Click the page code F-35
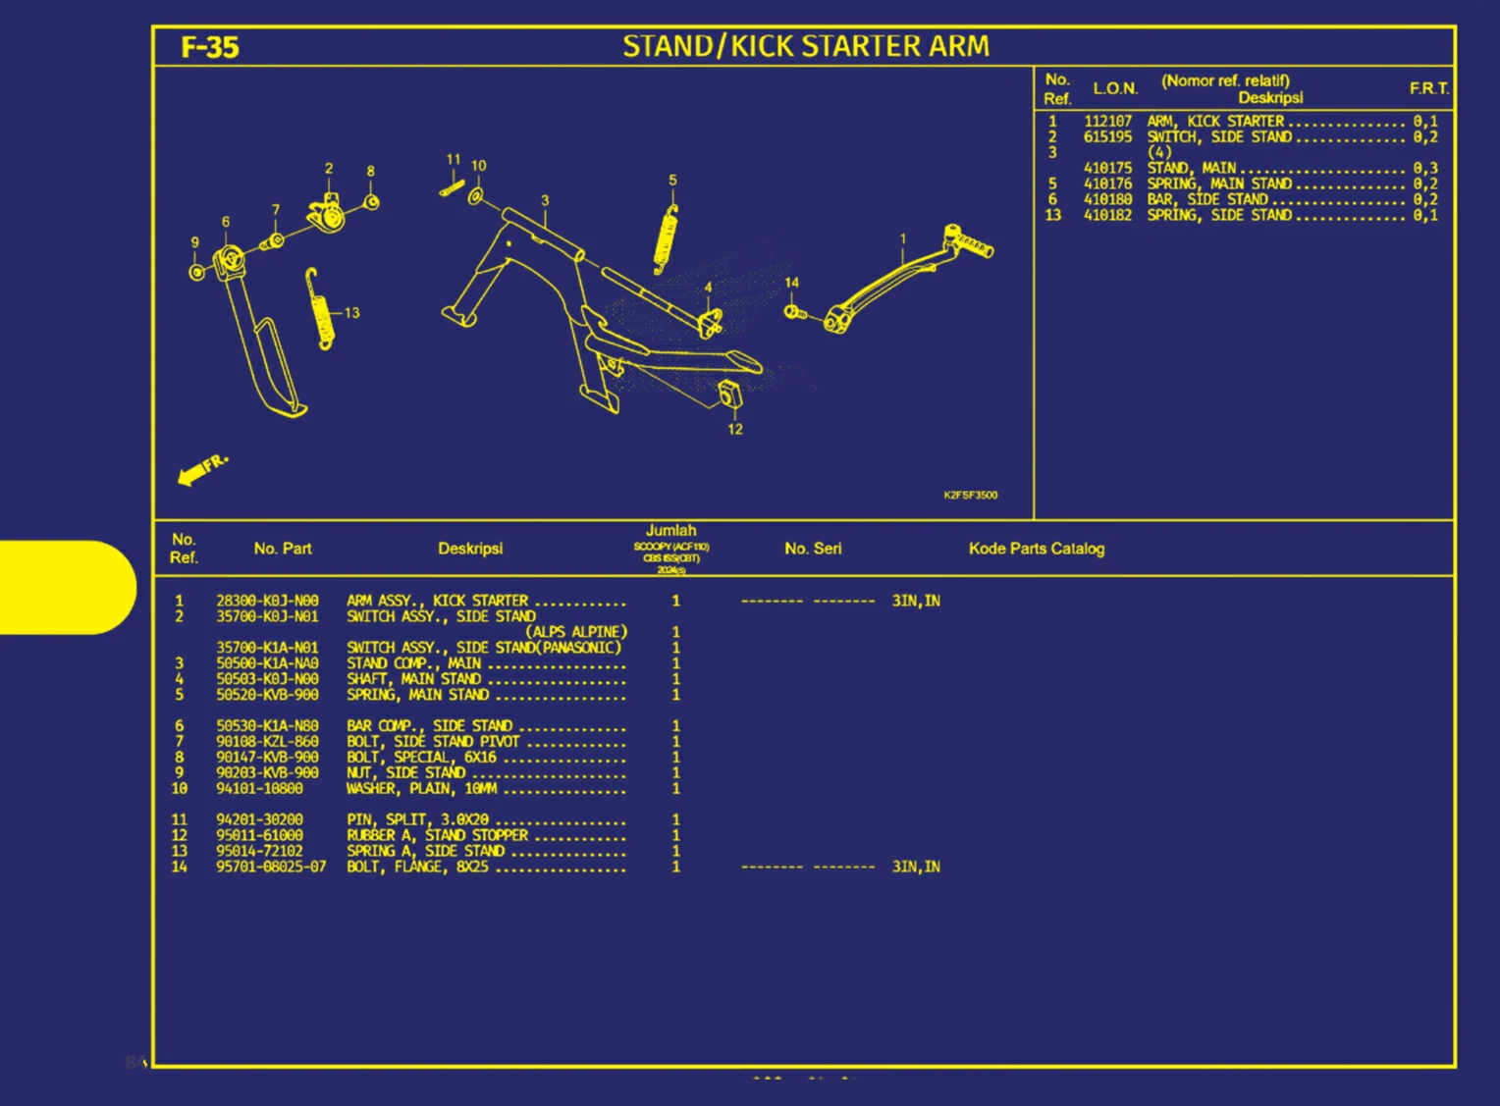pos(210,47)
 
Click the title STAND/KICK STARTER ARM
pos(806,46)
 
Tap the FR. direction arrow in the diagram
pos(202,469)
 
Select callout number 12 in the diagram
pos(735,429)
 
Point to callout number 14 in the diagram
pos(791,283)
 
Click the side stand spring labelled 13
pos(320,308)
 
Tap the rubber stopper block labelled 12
pos(729,394)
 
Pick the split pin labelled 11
pos(452,186)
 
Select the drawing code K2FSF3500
pos(970,495)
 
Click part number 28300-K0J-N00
pos(267,601)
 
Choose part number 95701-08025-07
pos(271,867)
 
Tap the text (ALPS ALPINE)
pos(575,632)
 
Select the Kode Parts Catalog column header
pos(1036,549)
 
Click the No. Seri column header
pos(812,549)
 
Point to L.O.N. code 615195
pos(1107,137)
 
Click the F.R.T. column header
pos(1428,88)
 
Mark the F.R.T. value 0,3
pos(1425,169)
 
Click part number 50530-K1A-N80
pos(267,726)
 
